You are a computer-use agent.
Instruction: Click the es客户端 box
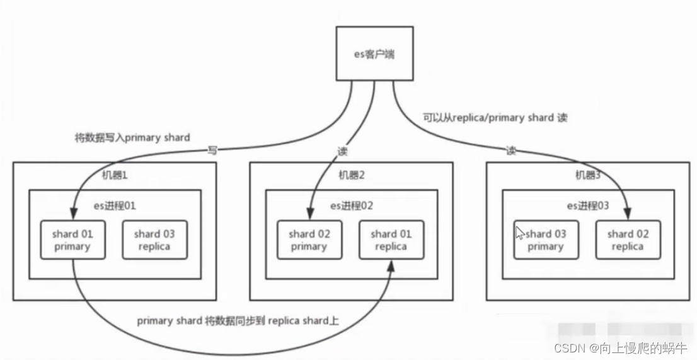(x=374, y=54)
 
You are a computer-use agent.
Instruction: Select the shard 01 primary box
(x=72, y=240)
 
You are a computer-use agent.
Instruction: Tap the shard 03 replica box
(x=154, y=240)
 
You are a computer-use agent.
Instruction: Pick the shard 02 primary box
(x=309, y=240)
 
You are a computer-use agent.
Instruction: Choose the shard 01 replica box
(x=391, y=240)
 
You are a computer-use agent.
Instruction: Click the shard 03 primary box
(x=546, y=240)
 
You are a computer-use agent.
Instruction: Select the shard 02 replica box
(x=628, y=240)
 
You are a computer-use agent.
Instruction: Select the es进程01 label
(x=115, y=205)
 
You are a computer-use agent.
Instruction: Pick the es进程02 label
(x=352, y=205)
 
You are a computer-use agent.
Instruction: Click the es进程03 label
(x=588, y=205)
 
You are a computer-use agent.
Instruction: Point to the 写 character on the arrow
(x=213, y=151)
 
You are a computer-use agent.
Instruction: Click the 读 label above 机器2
(x=343, y=151)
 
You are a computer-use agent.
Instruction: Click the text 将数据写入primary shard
(x=132, y=137)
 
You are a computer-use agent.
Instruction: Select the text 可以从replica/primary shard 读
(x=495, y=117)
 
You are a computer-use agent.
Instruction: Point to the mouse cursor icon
(x=519, y=233)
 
